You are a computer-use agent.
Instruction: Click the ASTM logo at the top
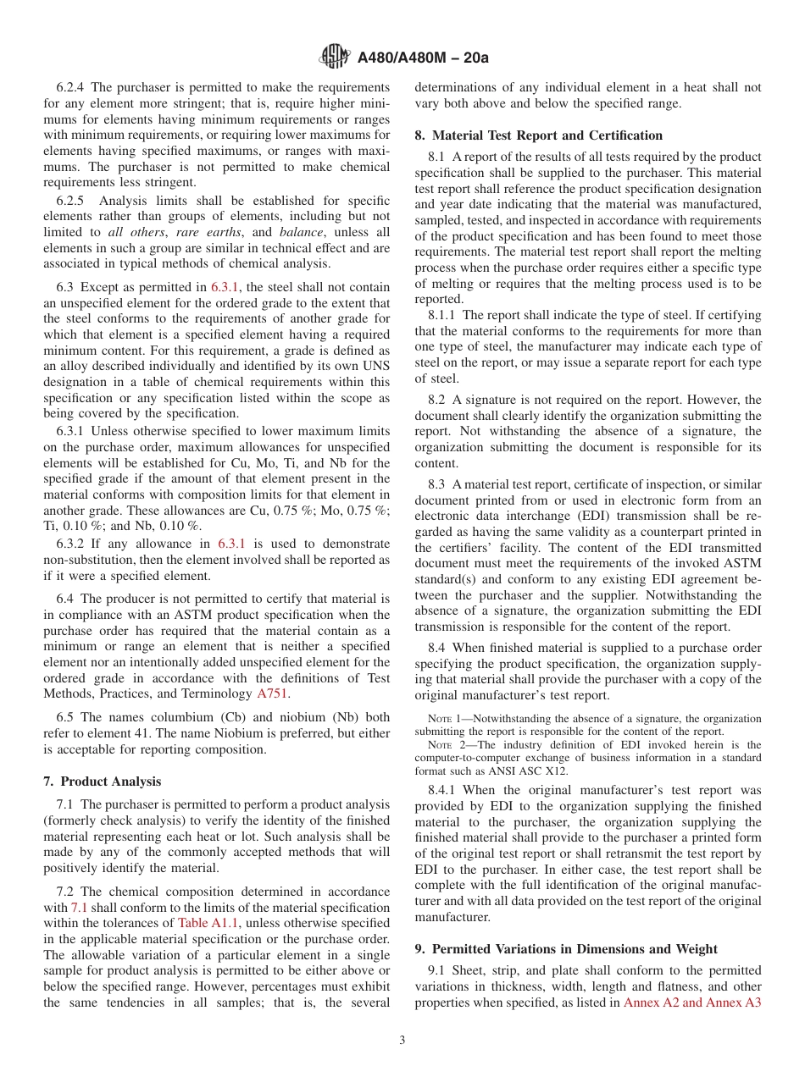coord(335,58)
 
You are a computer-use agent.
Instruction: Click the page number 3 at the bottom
coord(402,1040)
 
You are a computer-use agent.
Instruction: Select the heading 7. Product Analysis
coord(103,782)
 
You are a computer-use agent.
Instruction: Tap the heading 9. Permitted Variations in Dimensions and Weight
coord(566,949)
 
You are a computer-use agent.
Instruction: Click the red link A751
coord(273,693)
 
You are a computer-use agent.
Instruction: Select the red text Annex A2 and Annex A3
coord(692,1002)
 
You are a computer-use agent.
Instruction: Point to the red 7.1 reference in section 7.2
coord(79,908)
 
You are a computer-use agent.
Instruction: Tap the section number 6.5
coord(66,716)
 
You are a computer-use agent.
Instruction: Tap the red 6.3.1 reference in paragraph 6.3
coord(227,287)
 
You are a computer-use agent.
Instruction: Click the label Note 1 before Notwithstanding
coord(442,719)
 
